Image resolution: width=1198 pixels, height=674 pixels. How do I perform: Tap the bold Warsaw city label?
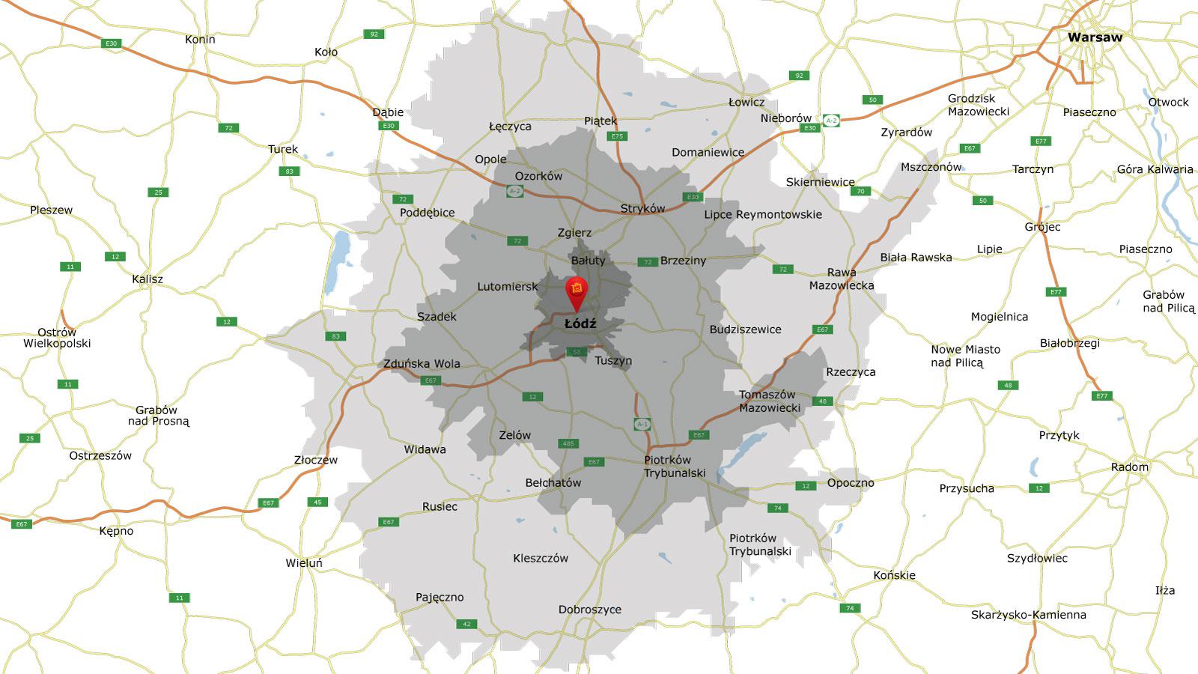point(1095,37)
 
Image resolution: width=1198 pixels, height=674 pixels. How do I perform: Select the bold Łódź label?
point(580,324)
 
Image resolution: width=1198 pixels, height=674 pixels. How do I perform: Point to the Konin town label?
point(200,40)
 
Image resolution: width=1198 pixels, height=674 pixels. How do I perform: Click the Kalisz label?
point(148,279)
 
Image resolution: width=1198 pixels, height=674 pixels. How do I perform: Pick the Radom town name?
point(1129,467)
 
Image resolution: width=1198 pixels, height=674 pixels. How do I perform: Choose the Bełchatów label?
point(553,483)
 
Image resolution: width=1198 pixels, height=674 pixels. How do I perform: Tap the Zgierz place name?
point(574,233)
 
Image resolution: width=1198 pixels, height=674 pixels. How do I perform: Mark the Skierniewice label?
point(820,182)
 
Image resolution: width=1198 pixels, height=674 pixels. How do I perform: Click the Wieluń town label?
point(304,563)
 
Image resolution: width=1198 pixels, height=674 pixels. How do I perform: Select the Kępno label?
point(116,531)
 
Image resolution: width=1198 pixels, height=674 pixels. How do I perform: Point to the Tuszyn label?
point(613,361)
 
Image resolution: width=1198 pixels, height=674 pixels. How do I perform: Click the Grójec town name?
point(1042,227)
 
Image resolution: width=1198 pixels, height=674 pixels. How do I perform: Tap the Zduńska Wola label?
point(422,364)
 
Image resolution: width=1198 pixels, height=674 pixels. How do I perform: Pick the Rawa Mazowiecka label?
point(842,279)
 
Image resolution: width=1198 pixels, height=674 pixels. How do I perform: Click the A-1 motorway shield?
point(642,424)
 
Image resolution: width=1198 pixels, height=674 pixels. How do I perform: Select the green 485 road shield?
point(568,443)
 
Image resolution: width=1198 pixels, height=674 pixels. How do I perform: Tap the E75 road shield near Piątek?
point(617,136)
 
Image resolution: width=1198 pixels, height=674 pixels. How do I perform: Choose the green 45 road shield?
point(317,502)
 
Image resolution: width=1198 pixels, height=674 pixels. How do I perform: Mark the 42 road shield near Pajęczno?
point(466,624)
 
